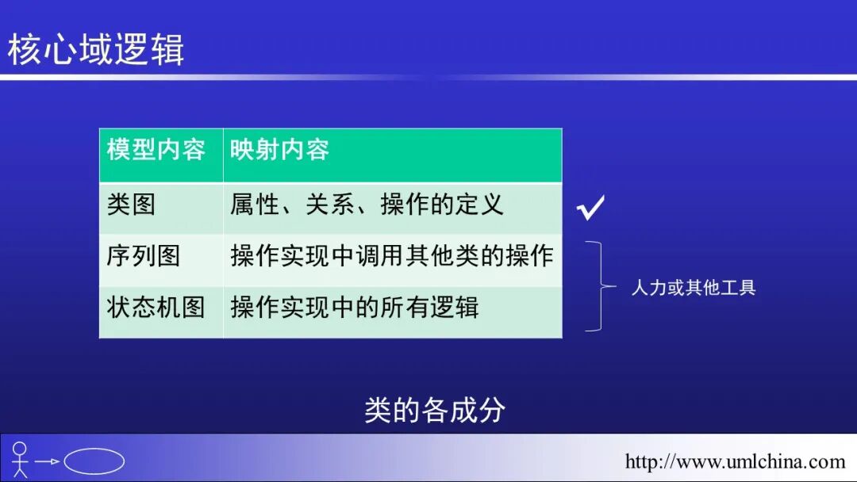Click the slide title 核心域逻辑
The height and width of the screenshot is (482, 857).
(x=96, y=49)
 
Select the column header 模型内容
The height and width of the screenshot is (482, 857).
(x=156, y=150)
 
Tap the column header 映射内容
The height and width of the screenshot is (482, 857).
(x=279, y=150)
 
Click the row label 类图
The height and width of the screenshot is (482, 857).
(x=131, y=205)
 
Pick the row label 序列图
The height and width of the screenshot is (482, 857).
(x=144, y=256)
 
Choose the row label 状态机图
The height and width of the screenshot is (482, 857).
(x=156, y=307)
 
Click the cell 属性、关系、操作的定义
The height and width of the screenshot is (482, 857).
(x=367, y=205)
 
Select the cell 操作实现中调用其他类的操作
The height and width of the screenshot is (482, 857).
(x=392, y=256)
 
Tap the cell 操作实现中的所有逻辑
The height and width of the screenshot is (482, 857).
(x=355, y=307)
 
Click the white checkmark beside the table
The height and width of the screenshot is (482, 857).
(x=591, y=208)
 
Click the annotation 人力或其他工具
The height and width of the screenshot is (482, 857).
(x=694, y=287)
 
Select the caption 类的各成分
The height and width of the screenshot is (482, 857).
(x=434, y=410)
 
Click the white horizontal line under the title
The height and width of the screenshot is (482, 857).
(x=428, y=78)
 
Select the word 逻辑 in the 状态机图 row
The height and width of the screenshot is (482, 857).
(x=455, y=307)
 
